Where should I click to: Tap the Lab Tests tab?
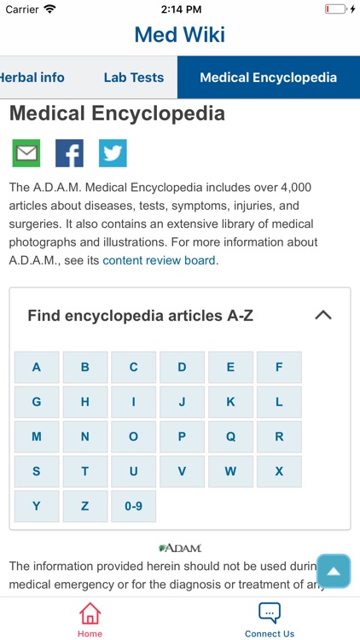pyautogui.click(x=133, y=78)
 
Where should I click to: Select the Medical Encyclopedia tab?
pyautogui.click(x=268, y=78)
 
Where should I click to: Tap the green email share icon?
pyautogui.click(x=26, y=153)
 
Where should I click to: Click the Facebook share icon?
pyautogui.click(x=69, y=153)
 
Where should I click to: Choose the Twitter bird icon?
pyautogui.click(x=113, y=153)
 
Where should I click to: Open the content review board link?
pyautogui.click(x=160, y=260)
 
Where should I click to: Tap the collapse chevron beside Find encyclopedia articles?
pyautogui.click(x=322, y=315)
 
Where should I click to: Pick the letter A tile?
pyautogui.click(x=37, y=367)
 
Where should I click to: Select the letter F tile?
pyautogui.click(x=279, y=367)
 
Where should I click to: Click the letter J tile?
pyautogui.click(x=182, y=402)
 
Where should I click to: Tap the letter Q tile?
pyautogui.click(x=230, y=436)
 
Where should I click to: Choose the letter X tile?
pyautogui.click(x=279, y=471)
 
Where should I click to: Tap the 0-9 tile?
pyautogui.click(x=133, y=506)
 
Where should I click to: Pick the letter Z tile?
pyautogui.click(x=84, y=506)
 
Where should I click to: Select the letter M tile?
pyautogui.click(x=37, y=436)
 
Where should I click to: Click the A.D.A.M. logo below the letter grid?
pyautogui.click(x=180, y=548)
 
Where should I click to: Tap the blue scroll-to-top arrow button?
pyautogui.click(x=334, y=571)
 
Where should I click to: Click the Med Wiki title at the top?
pyautogui.click(x=180, y=35)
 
